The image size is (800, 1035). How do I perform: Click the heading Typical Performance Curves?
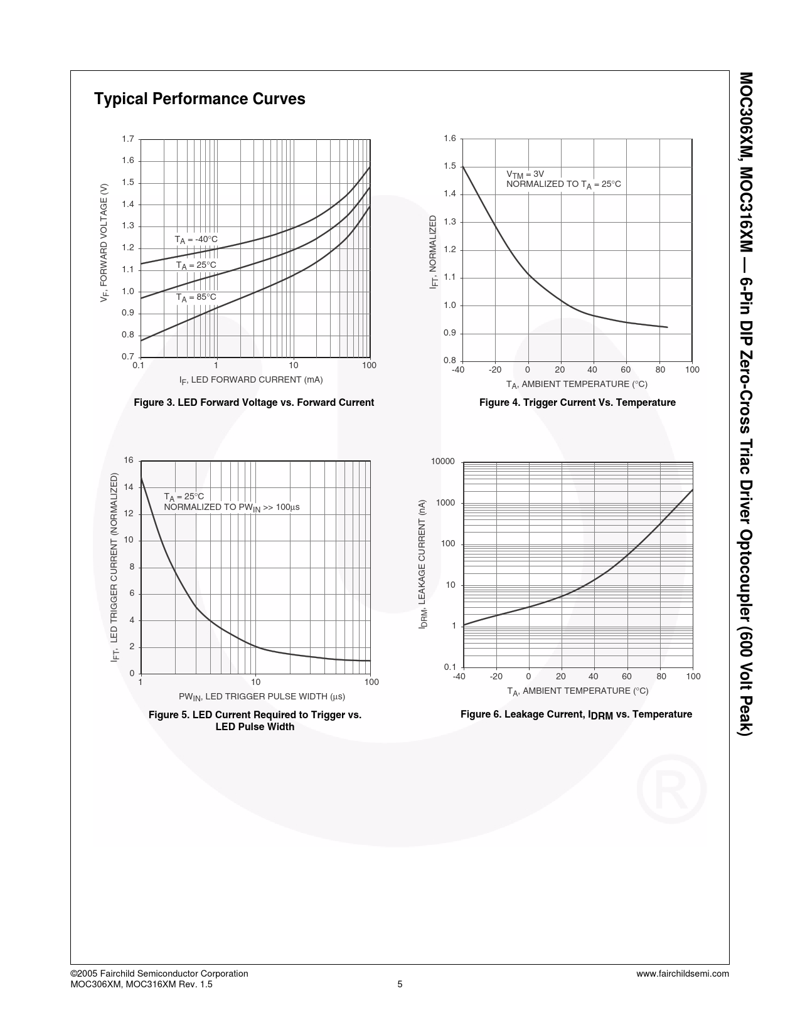pyautogui.click(x=200, y=99)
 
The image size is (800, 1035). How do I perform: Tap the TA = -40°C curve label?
pyautogui.click(x=196, y=240)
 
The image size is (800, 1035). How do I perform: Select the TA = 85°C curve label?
pyautogui.click(x=196, y=297)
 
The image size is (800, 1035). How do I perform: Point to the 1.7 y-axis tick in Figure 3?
pyautogui.click(x=128, y=139)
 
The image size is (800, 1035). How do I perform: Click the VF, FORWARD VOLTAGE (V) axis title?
pyautogui.click(x=105, y=243)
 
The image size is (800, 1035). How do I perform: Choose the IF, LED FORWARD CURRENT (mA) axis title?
pyautogui.click(x=251, y=380)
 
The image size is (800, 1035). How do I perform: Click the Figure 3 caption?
pyautogui.click(x=253, y=403)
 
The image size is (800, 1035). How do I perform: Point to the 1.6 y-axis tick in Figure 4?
pyautogui.click(x=449, y=139)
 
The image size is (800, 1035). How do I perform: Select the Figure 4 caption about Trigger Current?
pyautogui.click(x=577, y=403)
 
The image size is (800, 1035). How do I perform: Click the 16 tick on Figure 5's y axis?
pyautogui.click(x=129, y=460)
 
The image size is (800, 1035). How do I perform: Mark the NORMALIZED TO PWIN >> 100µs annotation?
pyautogui.click(x=232, y=507)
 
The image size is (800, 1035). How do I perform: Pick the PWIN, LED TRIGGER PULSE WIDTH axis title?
pyautogui.click(x=262, y=697)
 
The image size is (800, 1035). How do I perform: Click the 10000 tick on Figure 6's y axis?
pyautogui.click(x=442, y=462)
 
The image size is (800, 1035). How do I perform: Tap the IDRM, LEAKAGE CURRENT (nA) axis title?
pyautogui.click(x=424, y=564)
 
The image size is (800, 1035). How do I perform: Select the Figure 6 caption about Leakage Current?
pyautogui.click(x=576, y=714)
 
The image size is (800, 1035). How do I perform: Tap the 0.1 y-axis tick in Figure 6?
pyautogui.click(x=449, y=667)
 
